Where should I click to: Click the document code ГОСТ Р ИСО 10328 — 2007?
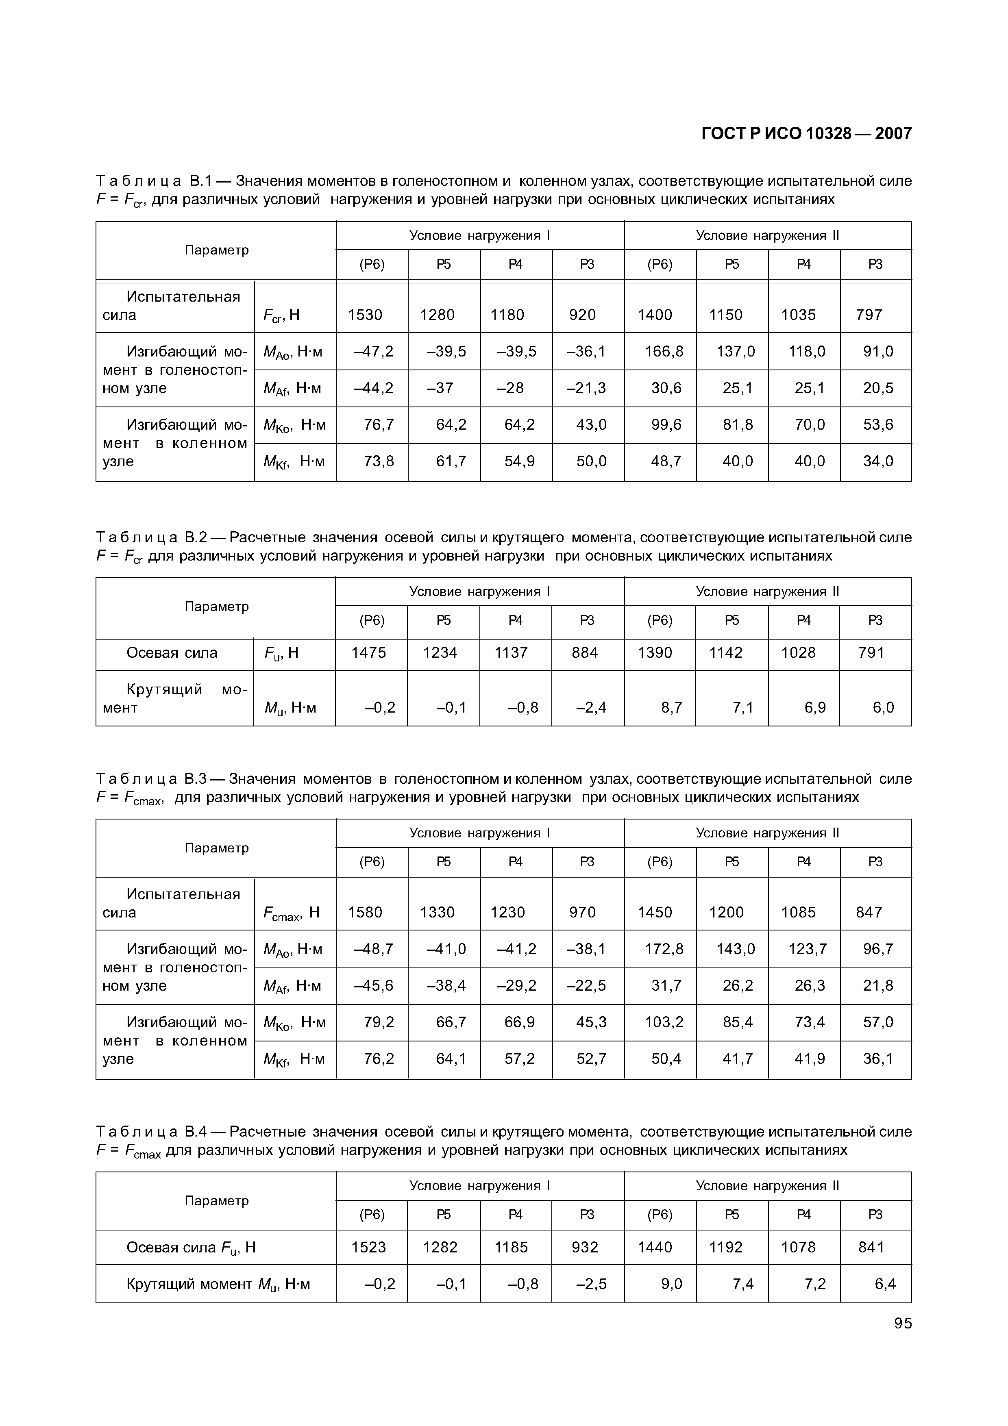(806, 133)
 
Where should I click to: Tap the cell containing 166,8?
(664, 352)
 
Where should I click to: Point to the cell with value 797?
(869, 315)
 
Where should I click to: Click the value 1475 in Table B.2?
(368, 653)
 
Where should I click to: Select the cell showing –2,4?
(591, 707)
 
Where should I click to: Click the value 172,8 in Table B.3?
(664, 949)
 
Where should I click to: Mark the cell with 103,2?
(664, 1022)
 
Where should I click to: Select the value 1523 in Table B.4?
(368, 1248)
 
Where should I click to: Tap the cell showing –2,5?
(591, 1284)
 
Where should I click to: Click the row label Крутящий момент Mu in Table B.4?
(218, 1284)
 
